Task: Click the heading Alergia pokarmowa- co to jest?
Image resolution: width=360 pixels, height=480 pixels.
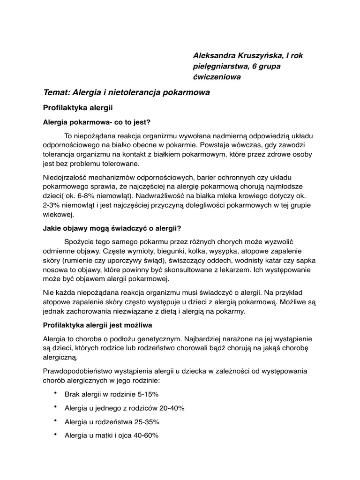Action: [x=96, y=122]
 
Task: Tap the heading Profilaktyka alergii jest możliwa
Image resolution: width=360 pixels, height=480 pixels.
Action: [x=97, y=324]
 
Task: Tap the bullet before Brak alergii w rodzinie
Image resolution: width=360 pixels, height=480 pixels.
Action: [x=56, y=393]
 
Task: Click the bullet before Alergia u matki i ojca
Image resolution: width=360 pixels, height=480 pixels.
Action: [x=56, y=435]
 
